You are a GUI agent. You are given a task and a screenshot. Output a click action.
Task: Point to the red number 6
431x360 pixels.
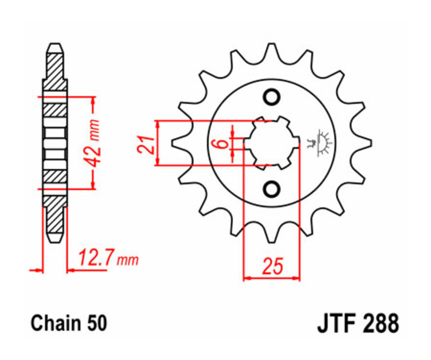click(219, 143)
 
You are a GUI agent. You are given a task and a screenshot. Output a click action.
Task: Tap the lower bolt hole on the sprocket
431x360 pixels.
click(272, 189)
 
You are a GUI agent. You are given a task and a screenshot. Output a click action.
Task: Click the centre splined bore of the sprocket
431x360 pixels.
click(272, 143)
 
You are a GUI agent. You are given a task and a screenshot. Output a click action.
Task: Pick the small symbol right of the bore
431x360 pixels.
click(321, 142)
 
